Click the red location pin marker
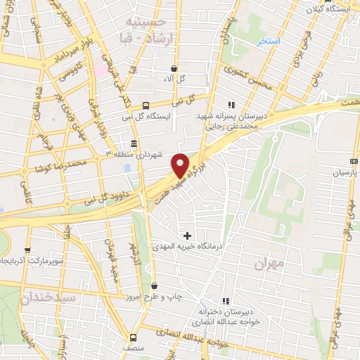181,165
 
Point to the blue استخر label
269,41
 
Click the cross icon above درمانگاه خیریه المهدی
187,234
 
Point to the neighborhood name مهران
268,264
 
